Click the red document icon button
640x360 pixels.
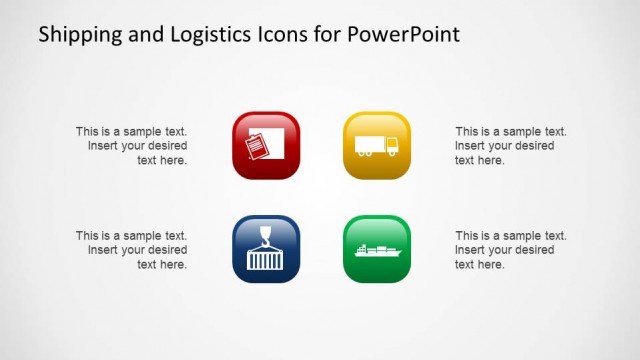(x=266, y=145)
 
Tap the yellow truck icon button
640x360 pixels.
(x=377, y=145)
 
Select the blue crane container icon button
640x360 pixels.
(x=266, y=249)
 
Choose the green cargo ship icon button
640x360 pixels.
(x=377, y=249)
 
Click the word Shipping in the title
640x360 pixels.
(x=76, y=35)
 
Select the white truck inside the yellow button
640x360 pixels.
(x=376, y=146)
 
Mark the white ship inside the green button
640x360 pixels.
(x=377, y=251)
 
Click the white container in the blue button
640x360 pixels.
(x=266, y=259)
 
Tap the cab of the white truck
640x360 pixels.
(x=391, y=147)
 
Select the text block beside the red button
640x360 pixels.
(x=132, y=146)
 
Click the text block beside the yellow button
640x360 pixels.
(x=510, y=146)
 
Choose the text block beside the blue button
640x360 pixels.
(x=132, y=250)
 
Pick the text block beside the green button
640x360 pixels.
(x=510, y=250)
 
